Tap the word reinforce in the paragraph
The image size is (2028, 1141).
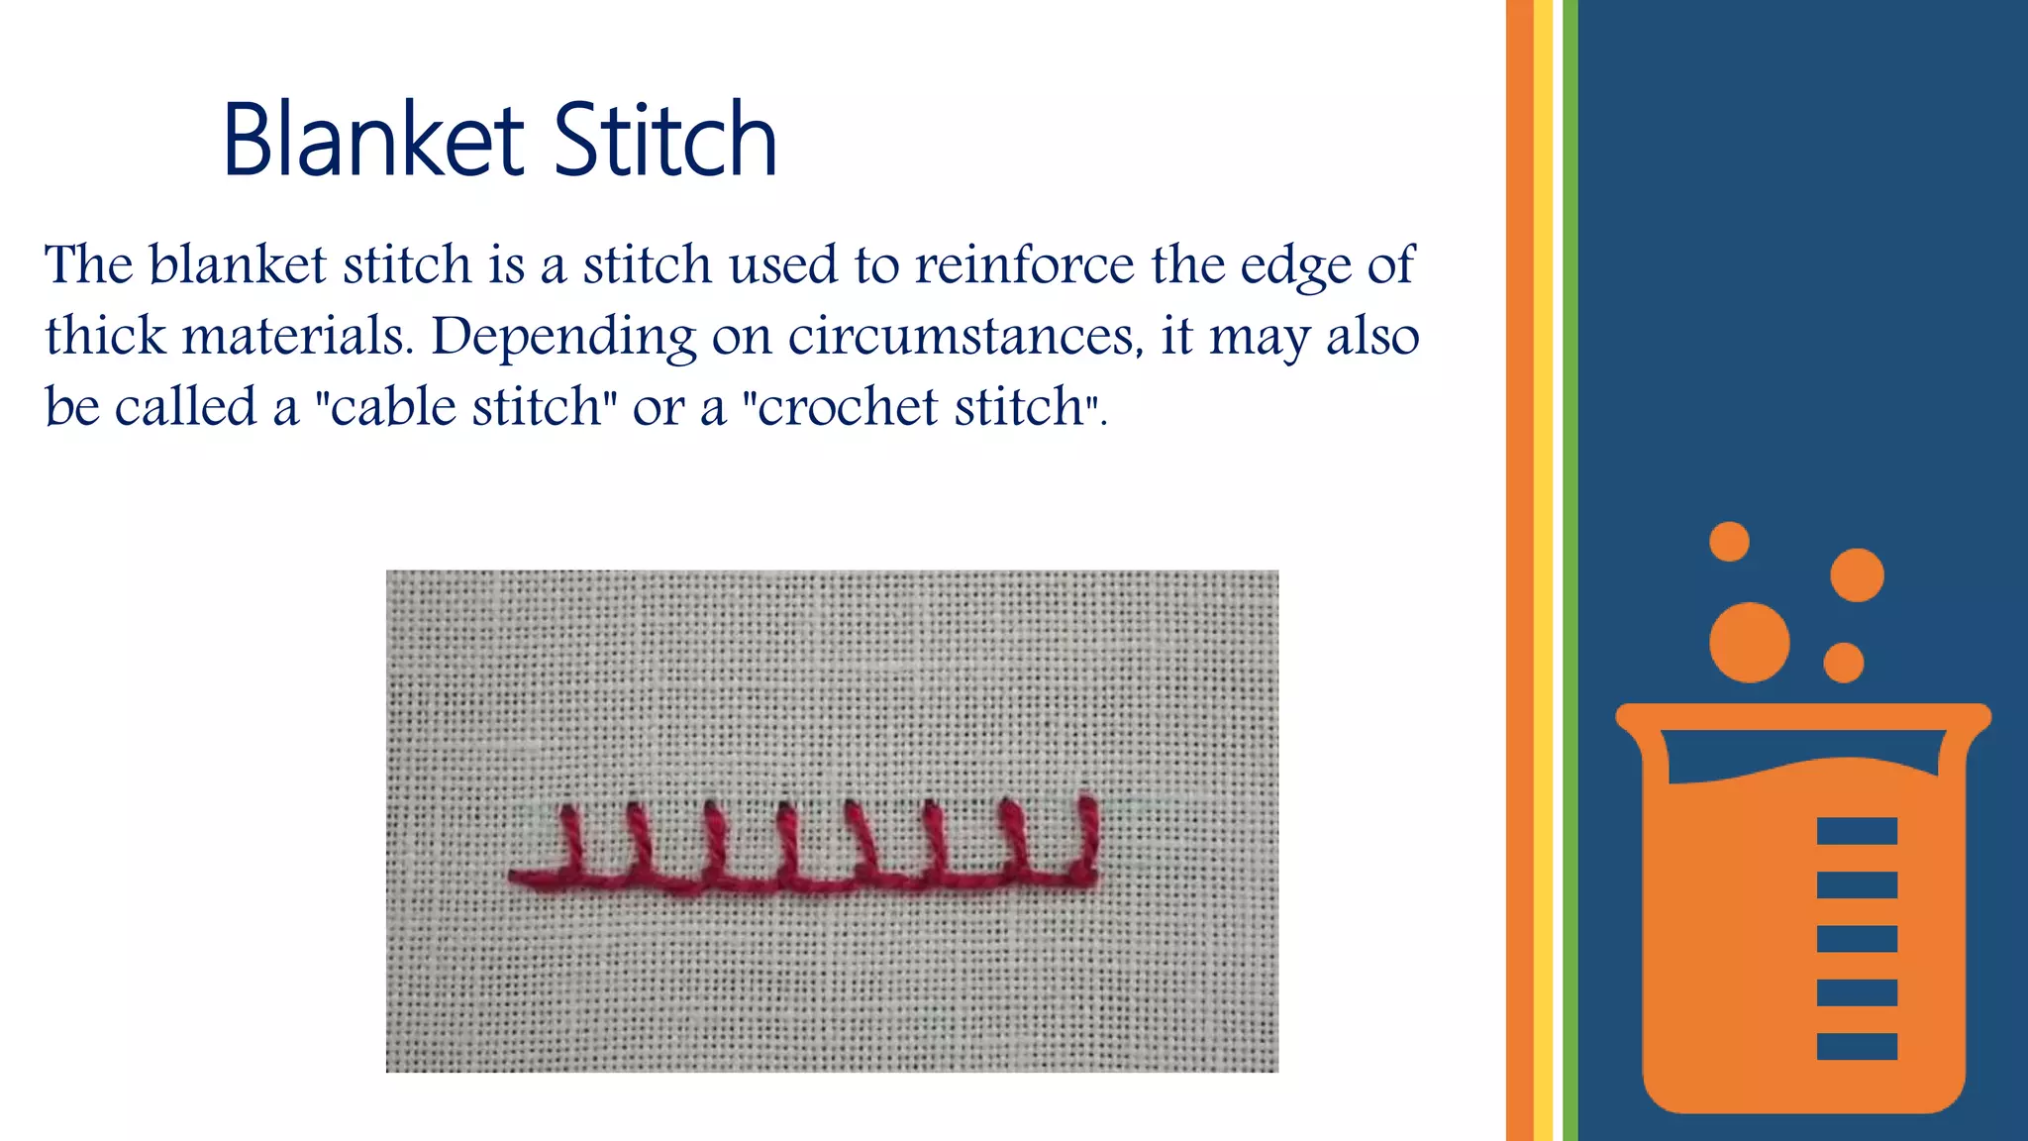tap(1024, 265)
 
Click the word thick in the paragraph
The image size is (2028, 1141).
tap(105, 336)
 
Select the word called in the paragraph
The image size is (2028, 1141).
tap(185, 407)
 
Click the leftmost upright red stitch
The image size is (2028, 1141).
tap(571, 838)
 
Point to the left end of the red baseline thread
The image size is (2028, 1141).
tap(515, 877)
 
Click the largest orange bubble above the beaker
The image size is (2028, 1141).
tap(1749, 643)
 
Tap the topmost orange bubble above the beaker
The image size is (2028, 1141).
tap(1729, 542)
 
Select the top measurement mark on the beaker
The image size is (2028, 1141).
tap(1857, 831)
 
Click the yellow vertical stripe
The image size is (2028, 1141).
tap(1543, 570)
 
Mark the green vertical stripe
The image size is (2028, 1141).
tap(1571, 570)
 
